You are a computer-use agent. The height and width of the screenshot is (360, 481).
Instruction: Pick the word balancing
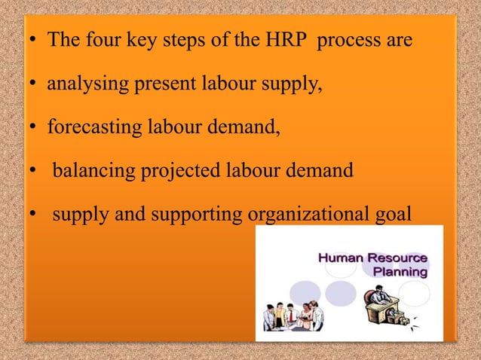click(x=92, y=170)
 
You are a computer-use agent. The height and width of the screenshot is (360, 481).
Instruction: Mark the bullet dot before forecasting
click(x=34, y=127)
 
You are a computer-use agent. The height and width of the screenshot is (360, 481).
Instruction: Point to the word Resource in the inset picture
click(x=399, y=258)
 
